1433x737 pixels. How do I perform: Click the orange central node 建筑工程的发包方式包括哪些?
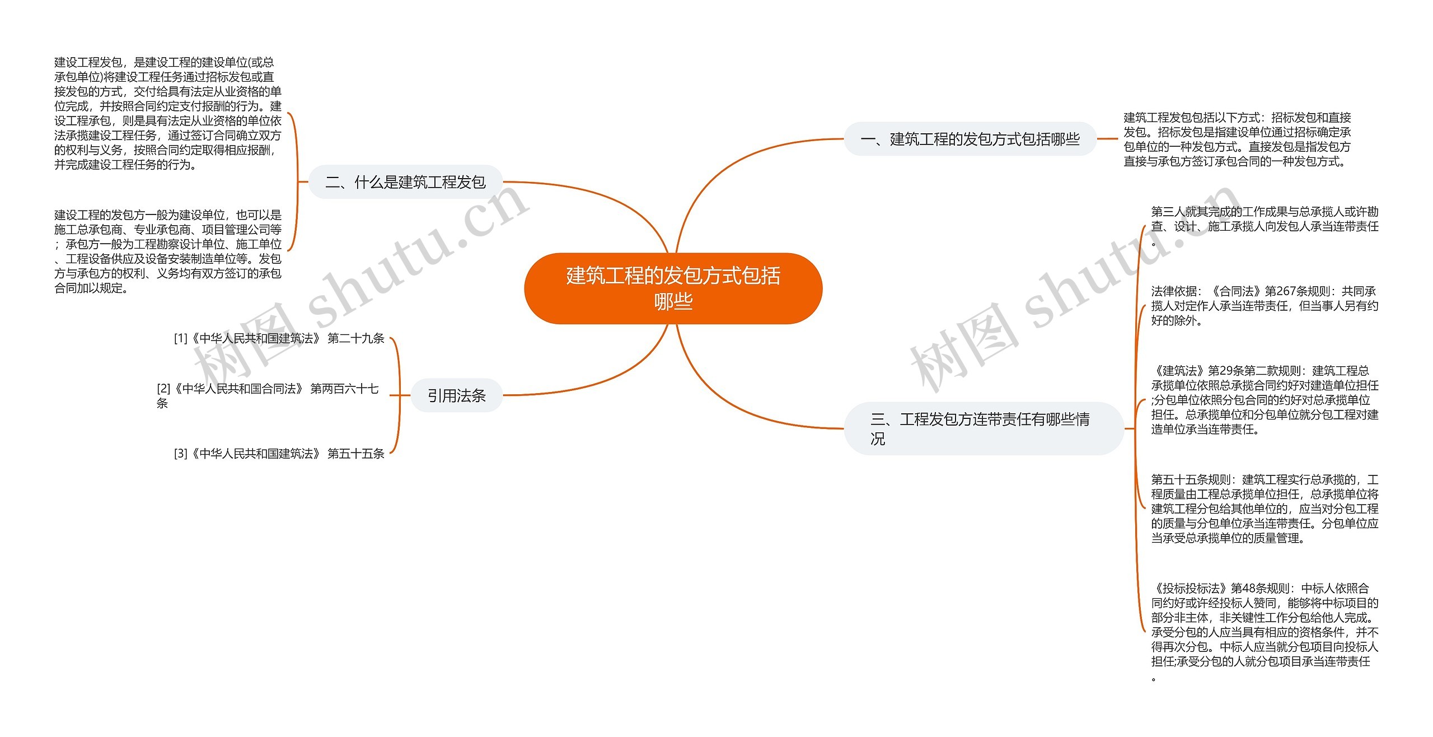tap(673, 288)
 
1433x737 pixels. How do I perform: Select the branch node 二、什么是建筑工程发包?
tap(405, 182)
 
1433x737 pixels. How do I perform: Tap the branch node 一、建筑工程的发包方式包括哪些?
tap(970, 139)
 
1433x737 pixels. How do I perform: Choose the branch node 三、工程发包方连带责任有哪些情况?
tap(983, 428)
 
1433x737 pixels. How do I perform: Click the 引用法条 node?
tap(456, 396)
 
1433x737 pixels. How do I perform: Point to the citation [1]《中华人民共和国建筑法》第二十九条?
tap(279, 338)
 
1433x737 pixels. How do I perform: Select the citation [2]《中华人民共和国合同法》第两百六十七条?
tap(268, 395)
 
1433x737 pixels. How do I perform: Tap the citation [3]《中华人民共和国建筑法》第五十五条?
tap(279, 454)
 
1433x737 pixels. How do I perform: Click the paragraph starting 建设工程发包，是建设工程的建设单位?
tap(167, 113)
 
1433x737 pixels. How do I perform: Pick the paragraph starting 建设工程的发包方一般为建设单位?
tap(167, 251)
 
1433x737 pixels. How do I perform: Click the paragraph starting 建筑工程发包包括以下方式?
tap(1237, 139)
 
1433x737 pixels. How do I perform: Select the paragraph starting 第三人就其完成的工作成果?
tap(1264, 226)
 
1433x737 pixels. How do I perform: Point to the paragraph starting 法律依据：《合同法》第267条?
tap(1264, 306)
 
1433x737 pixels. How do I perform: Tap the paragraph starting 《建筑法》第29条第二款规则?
tap(1264, 400)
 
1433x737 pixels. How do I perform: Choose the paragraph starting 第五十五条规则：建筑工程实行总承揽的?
tap(1264, 509)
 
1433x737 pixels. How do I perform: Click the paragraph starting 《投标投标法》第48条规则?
tap(1264, 632)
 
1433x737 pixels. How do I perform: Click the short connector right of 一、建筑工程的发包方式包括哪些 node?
tap(1107, 139)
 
